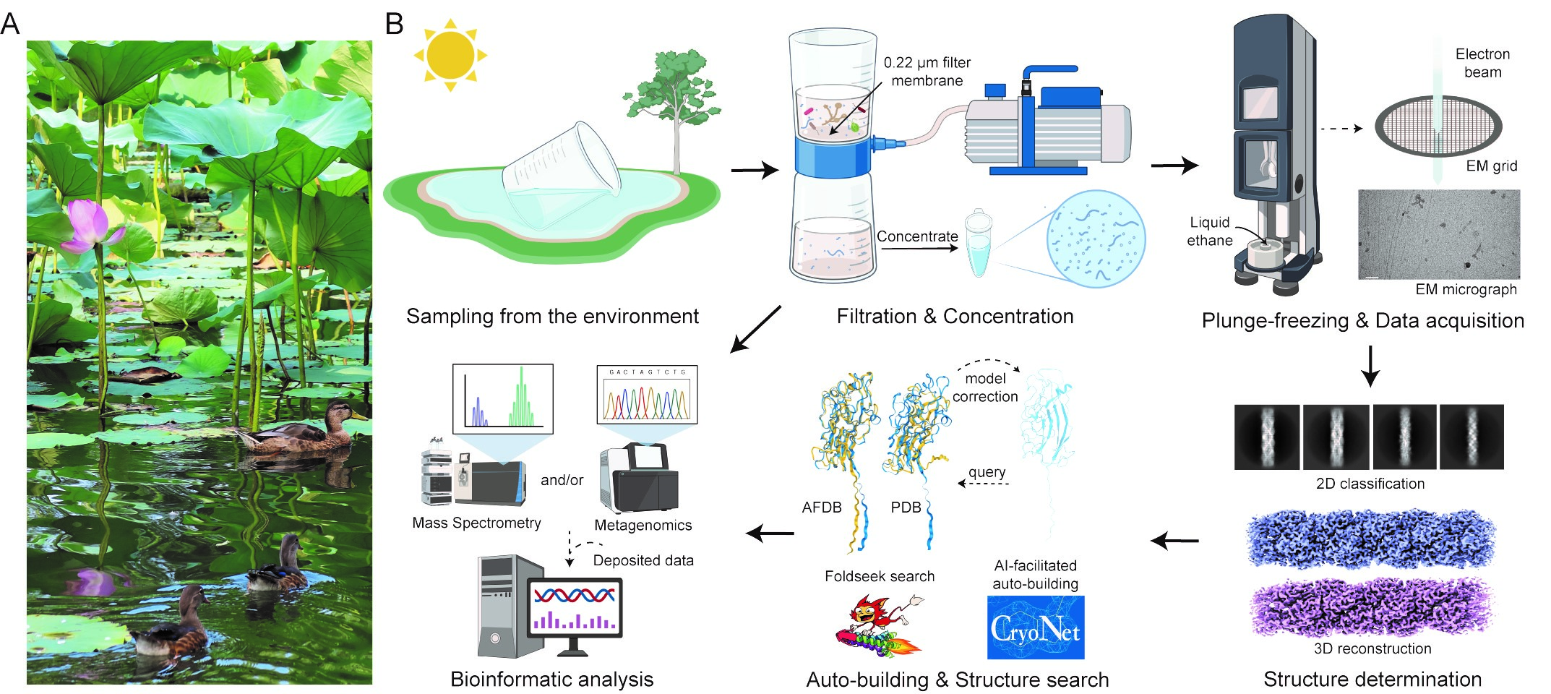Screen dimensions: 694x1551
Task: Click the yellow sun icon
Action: click(450, 55)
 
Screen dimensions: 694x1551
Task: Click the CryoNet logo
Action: click(1036, 627)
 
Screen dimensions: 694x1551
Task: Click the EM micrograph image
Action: click(1439, 234)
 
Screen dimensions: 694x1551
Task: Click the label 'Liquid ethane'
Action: click(1209, 231)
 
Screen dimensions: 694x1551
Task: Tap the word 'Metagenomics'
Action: click(643, 526)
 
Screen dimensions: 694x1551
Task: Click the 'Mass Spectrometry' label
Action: click(476, 523)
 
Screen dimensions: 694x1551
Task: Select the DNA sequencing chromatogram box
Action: click(647, 394)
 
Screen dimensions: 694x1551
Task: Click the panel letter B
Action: click(394, 24)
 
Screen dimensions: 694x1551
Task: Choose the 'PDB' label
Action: click(906, 507)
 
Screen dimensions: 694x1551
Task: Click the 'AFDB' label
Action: click(822, 507)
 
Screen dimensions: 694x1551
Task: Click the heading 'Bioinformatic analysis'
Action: click(551, 680)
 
